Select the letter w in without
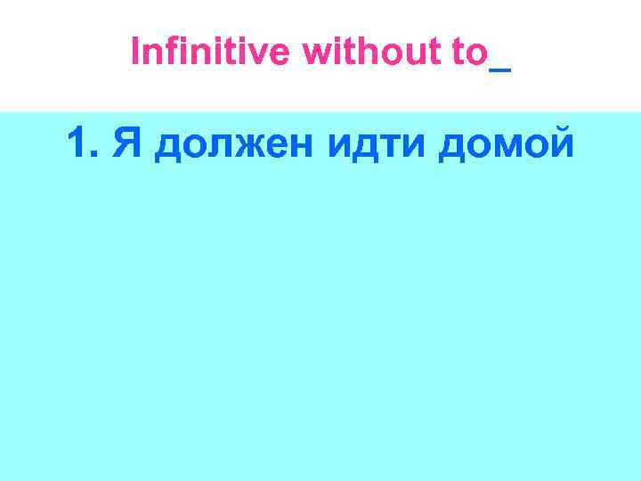pos(316,55)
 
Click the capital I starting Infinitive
pos(135,53)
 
